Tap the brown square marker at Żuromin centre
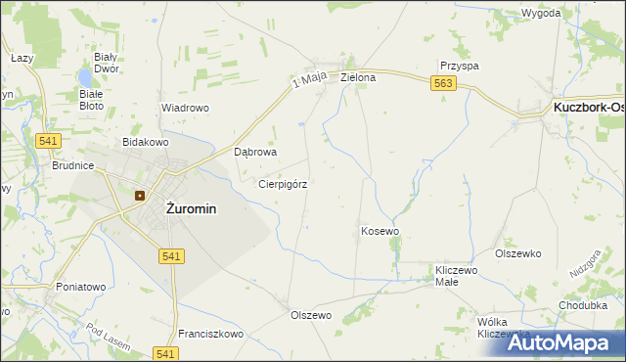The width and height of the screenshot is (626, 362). coord(140,195)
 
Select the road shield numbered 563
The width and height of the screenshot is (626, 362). coord(444,84)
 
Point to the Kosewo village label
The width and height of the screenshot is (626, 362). coord(380,231)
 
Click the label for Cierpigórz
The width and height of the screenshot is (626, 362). coord(283,183)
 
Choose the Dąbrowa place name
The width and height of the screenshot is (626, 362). coord(256,153)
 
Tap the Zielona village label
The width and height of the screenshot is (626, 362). coord(358,76)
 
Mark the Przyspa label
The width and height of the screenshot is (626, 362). coord(459,66)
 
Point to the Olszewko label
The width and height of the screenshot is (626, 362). coord(518,253)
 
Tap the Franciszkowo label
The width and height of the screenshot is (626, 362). coord(210,334)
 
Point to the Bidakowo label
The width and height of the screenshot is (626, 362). coord(145,142)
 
